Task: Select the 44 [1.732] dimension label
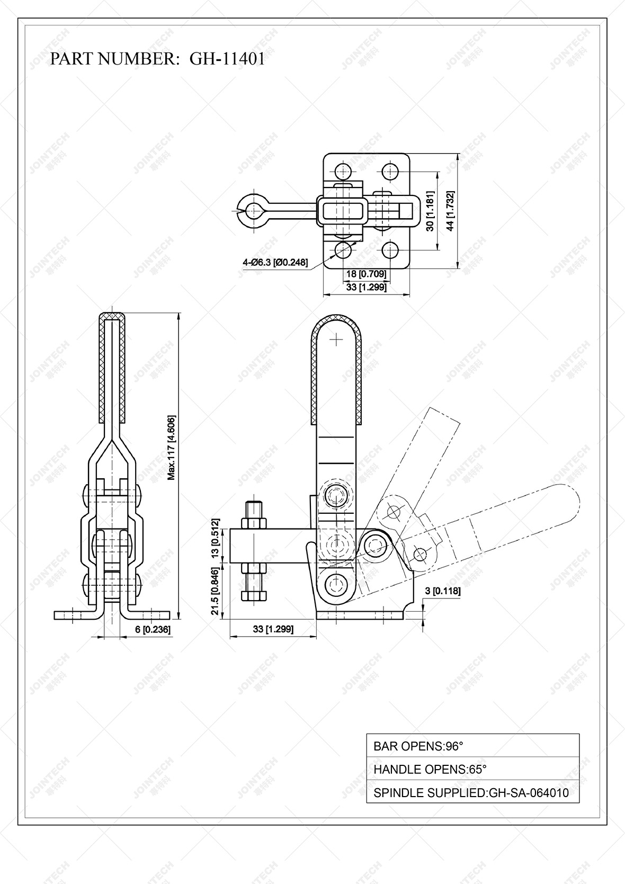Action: [450, 211]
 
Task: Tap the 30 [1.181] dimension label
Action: [430, 211]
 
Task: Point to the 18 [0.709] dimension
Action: [366, 274]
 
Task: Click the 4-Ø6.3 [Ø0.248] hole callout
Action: [275, 262]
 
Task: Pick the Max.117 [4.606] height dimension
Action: [172, 448]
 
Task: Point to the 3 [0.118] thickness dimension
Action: [443, 591]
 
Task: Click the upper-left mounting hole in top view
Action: [343, 172]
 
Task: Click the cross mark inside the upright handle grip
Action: [336, 339]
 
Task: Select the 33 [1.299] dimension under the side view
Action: [273, 629]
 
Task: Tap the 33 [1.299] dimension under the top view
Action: [366, 288]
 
